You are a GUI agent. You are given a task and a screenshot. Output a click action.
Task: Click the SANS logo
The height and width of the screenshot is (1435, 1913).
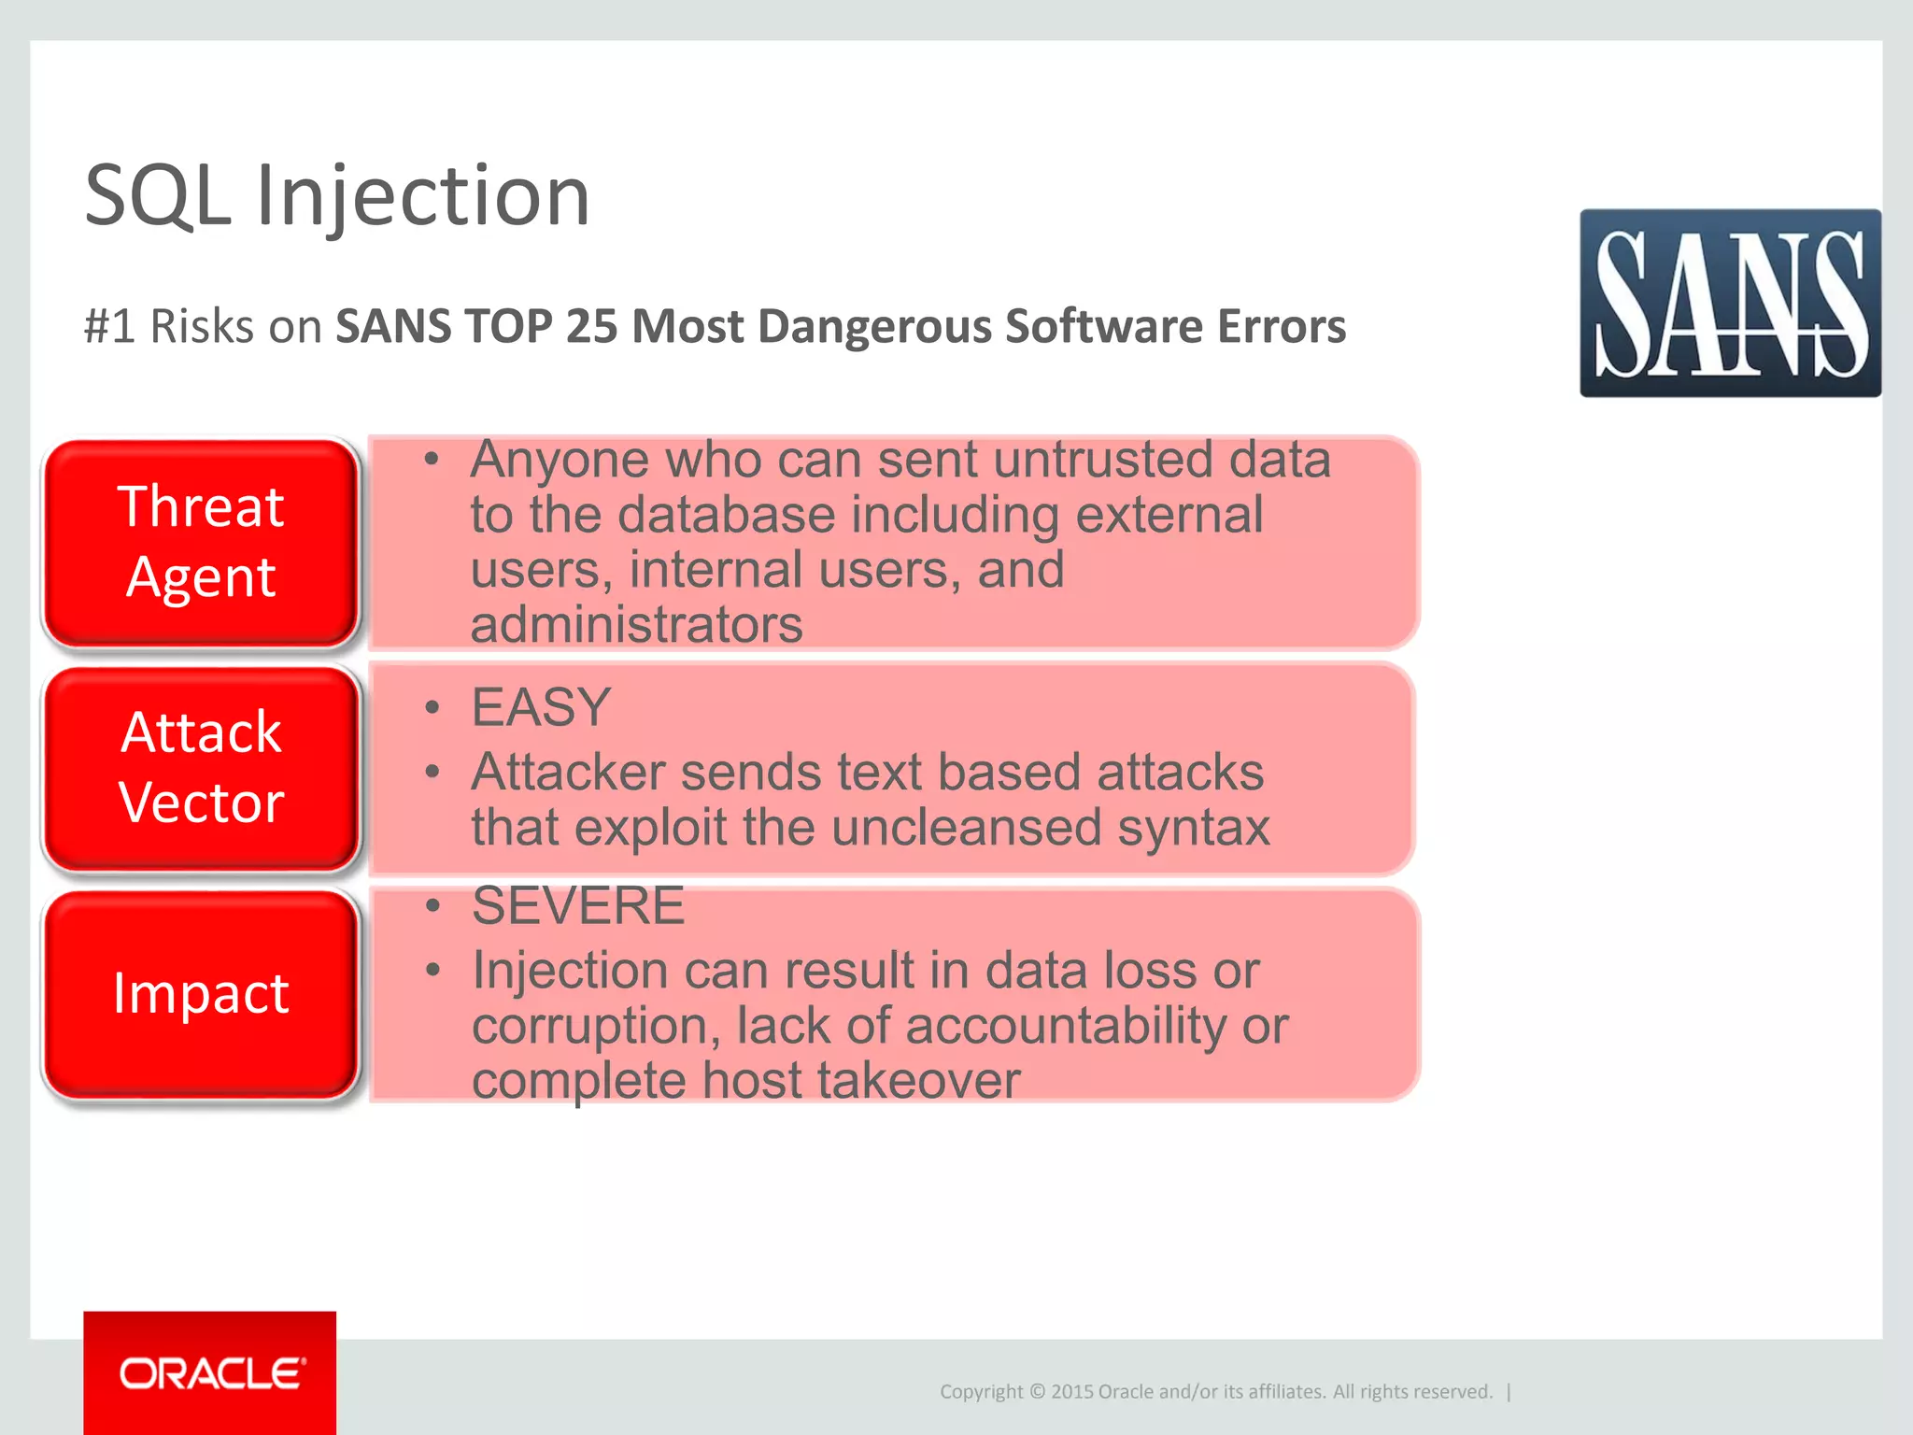[x=1730, y=303]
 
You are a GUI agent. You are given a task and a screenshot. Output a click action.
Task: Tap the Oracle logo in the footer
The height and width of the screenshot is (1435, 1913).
[x=210, y=1372]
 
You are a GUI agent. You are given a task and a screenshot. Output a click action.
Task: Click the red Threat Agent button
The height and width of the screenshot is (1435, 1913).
[x=201, y=542]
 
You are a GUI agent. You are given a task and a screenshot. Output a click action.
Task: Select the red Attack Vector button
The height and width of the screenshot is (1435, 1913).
[x=201, y=767]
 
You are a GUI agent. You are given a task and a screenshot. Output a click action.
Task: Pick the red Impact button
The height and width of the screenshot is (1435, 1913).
[x=201, y=993]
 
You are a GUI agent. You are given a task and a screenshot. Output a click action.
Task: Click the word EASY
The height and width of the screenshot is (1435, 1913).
[x=541, y=707]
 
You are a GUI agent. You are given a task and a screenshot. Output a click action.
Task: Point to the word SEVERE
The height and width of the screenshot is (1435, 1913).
[x=578, y=905]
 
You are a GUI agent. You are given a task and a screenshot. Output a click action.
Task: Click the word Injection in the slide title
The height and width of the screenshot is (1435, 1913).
[x=422, y=195]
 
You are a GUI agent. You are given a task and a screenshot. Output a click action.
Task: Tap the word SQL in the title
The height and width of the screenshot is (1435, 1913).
[x=157, y=195]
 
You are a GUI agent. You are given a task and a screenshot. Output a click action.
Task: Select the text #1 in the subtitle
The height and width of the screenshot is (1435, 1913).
[x=109, y=326]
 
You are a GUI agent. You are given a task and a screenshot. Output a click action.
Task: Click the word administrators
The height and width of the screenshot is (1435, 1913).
[x=636, y=624]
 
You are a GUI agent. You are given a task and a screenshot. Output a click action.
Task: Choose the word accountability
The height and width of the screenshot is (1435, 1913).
[x=1066, y=1026]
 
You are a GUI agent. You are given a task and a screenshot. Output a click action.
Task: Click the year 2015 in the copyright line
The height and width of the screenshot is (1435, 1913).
[x=1072, y=1391]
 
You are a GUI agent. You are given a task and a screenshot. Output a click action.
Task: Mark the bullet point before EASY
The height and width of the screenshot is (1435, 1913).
[x=432, y=707]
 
